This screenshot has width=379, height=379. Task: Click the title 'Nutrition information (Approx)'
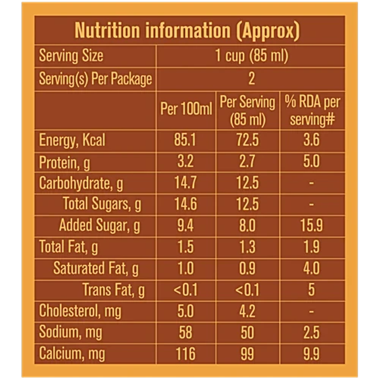click(187, 31)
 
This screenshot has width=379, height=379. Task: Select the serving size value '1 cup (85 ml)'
click(251, 56)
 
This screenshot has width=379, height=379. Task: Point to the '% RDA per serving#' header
click(312, 110)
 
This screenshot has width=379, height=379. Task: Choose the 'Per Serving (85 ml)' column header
click(247, 110)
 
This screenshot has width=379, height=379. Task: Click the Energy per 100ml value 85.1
click(185, 140)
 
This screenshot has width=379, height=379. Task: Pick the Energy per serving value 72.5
click(247, 140)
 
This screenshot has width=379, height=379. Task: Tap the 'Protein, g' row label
click(65, 162)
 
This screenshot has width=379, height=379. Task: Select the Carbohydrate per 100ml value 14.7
click(185, 183)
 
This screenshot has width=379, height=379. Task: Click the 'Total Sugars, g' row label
click(102, 204)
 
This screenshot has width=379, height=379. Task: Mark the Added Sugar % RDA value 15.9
click(312, 225)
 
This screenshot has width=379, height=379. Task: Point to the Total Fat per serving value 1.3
click(247, 247)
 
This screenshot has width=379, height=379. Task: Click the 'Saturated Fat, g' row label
click(96, 268)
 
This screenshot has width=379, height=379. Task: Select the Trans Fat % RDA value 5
click(312, 289)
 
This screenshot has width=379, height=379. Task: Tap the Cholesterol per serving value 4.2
click(247, 311)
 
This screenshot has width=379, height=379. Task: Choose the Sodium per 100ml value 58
click(185, 332)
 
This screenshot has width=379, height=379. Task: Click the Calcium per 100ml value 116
click(185, 354)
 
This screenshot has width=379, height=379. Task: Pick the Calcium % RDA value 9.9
click(312, 354)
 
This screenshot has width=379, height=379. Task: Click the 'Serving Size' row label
click(71, 56)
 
